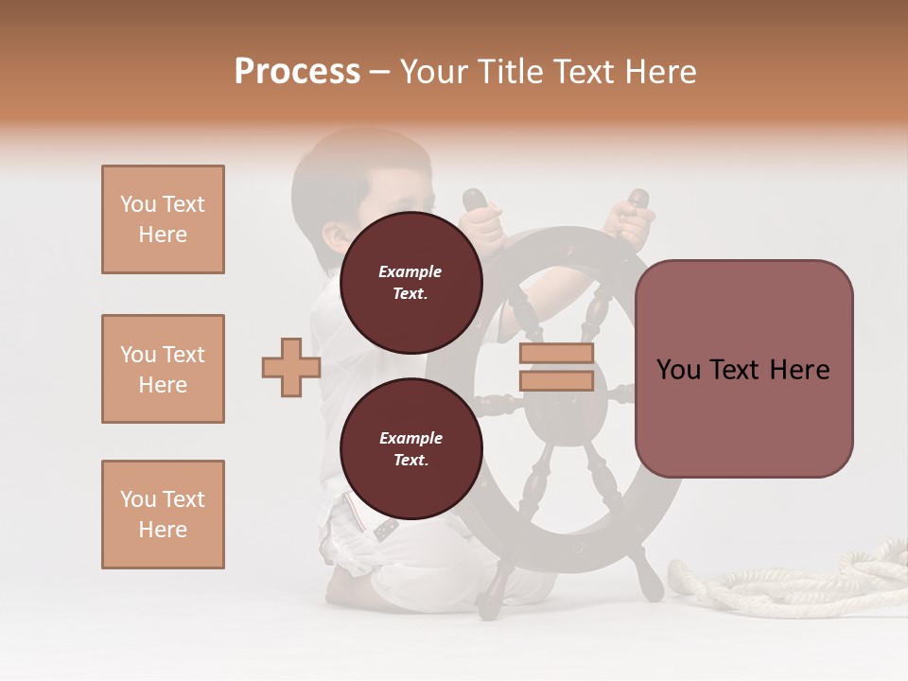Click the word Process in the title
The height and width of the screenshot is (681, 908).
pyautogui.click(x=297, y=72)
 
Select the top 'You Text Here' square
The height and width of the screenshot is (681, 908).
pyautogui.click(x=163, y=219)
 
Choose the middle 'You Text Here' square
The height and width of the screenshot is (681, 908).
pyautogui.click(x=163, y=369)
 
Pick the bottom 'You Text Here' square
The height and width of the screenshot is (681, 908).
pyautogui.click(x=163, y=515)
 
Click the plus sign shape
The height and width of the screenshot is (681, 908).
pyautogui.click(x=291, y=367)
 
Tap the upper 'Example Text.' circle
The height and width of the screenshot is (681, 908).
pyautogui.click(x=410, y=282)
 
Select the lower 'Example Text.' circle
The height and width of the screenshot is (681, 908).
pyautogui.click(x=410, y=448)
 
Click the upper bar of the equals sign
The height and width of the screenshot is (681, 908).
pyautogui.click(x=556, y=354)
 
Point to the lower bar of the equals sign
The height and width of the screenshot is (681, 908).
pyautogui.click(x=556, y=380)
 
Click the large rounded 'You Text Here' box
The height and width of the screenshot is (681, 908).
pyautogui.click(x=743, y=369)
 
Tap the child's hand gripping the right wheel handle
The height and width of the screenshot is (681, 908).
pyautogui.click(x=628, y=218)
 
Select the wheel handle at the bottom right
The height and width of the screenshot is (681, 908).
pyautogui.click(x=648, y=579)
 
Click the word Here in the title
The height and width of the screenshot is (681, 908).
pyautogui.click(x=661, y=72)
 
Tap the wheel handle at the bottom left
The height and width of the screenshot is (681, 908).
pyautogui.click(x=493, y=591)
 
